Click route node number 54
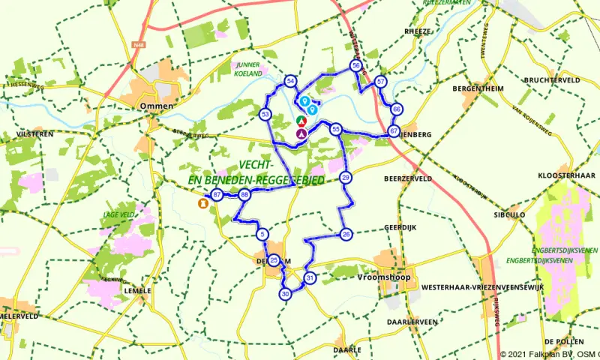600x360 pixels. pos(290,81)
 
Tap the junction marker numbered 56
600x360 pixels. pos(356,66)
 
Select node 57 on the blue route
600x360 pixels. pos(381,81)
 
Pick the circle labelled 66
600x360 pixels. pos(397,109)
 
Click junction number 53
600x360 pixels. pos(265,115)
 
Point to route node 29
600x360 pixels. pos(346,178)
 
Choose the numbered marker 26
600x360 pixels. pos(346,235)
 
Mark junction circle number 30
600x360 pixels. pos(285,295)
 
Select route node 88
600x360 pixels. pos(244,196)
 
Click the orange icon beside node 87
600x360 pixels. pos(202,202)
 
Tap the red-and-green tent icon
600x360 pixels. pos(301,120)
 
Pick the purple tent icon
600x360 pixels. pos(301,133)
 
